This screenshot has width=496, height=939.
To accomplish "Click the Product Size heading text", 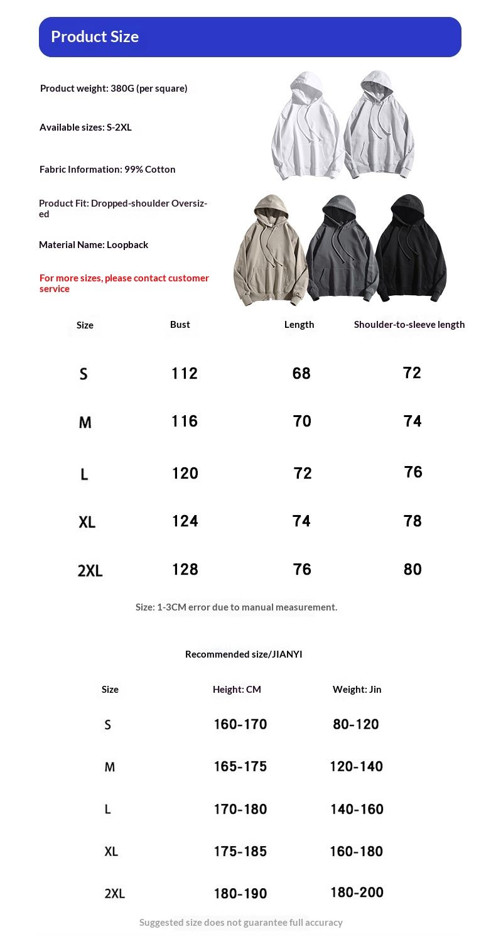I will [x=95, y=37].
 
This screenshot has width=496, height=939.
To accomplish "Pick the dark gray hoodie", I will [x=341, y=251].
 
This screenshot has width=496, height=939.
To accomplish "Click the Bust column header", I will [x=180, y=325].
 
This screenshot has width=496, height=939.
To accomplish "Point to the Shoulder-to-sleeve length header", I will [x=409, y=325].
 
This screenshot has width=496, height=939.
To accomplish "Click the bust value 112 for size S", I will [x=185, y=374].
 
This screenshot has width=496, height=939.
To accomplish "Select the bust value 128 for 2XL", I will [x=185, y=570].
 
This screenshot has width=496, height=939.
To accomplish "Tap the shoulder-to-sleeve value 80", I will [x=412, y=570].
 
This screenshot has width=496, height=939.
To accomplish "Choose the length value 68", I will [x=301, y=374].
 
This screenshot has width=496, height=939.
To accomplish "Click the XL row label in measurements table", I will [x=87, y=522].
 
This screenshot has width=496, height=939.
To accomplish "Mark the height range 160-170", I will [x=240, y=724].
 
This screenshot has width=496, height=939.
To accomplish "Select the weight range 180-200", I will [x=357, y=893].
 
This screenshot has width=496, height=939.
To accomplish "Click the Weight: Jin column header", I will [x=357, y=690].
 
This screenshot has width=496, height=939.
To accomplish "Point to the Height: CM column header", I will [x=237, y=690].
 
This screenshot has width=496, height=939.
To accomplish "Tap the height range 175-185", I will [x=240, y=852].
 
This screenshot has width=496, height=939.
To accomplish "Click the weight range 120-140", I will [x=356, y=766].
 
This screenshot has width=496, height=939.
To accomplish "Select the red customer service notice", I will [x=124, y=283].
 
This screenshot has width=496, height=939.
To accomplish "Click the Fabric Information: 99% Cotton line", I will [x=107, y=170].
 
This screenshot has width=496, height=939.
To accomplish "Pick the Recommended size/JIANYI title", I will [x=244, y=654].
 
